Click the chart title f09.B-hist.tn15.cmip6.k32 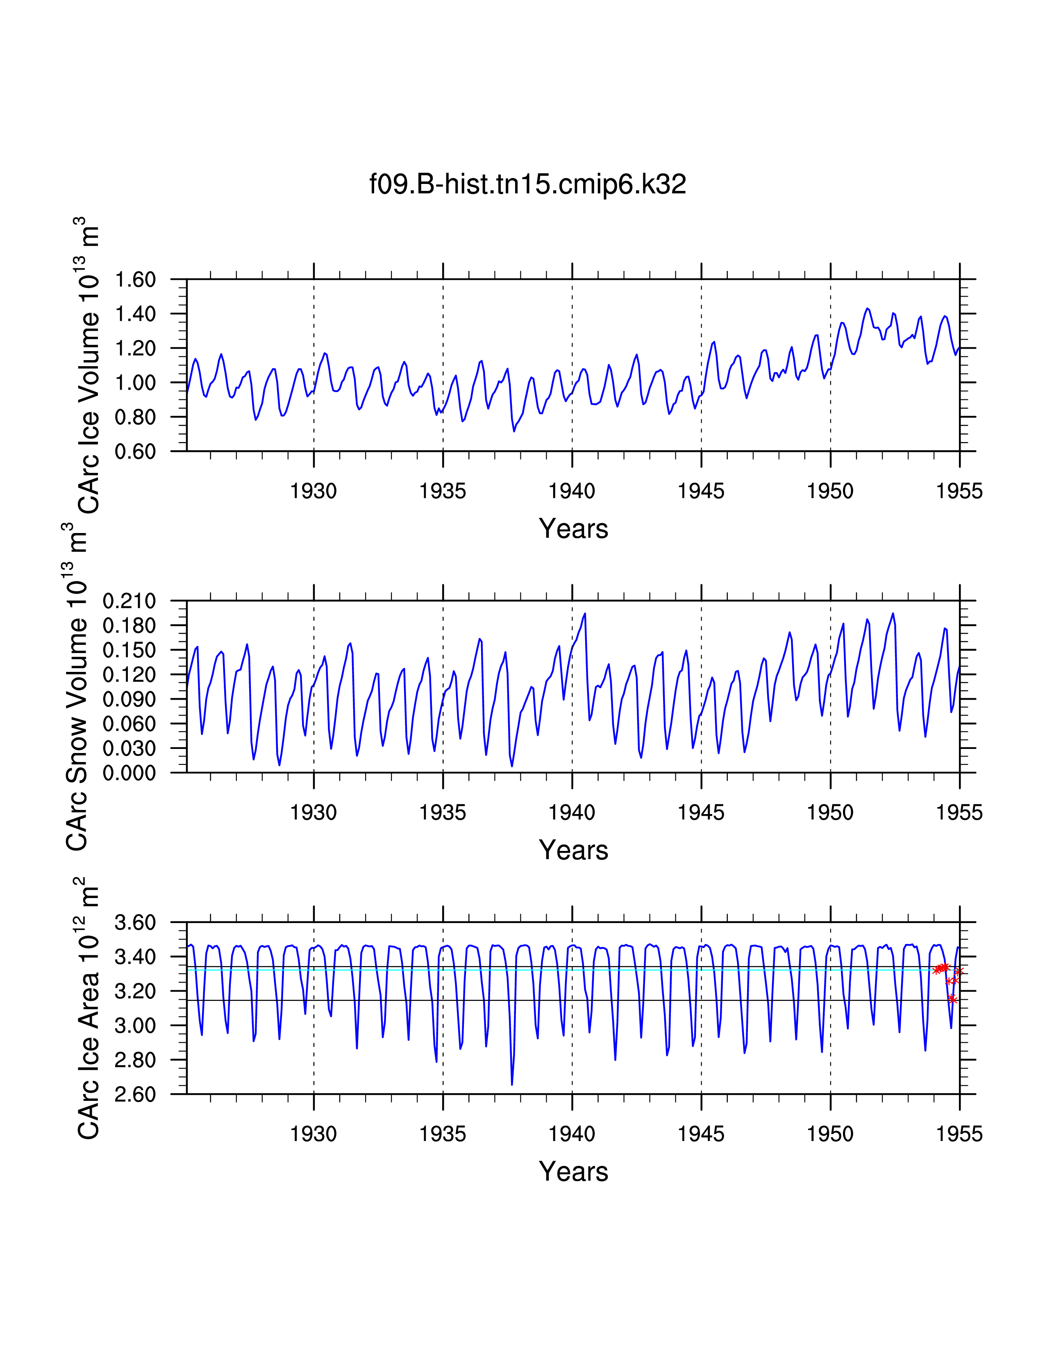[x=527, y=184]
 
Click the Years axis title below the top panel [x=573, y=529]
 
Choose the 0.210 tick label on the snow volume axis [x=129, y=601]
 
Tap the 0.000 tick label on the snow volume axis [x=129, y=773]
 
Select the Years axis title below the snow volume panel [x=573, y=850]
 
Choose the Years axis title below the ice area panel [x=573, y=1171]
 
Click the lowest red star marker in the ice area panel [x=952, y=1000]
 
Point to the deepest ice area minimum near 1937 [x=512, y=1084]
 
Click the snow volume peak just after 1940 [x=584, y=614]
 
